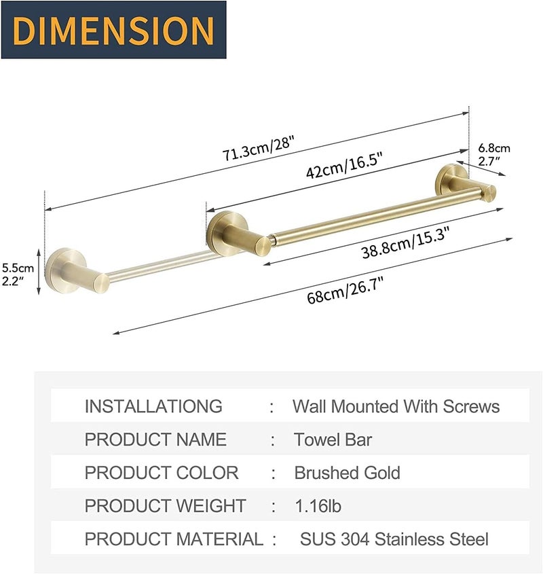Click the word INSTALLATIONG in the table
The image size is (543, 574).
[x=153, y=406]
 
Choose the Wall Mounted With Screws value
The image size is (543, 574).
[x=396, y=406]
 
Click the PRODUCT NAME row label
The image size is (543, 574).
[x=155, y=440]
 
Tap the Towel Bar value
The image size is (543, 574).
[x=333, y=440]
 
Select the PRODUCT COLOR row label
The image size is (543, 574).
[x=162, y=473]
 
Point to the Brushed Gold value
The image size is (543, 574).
[x=347, y=473]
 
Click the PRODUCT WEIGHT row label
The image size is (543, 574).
[x=165, y=506]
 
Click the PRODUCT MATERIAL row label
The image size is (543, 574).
[x=174, y=539]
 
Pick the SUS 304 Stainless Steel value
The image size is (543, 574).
[x=394, y=539]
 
